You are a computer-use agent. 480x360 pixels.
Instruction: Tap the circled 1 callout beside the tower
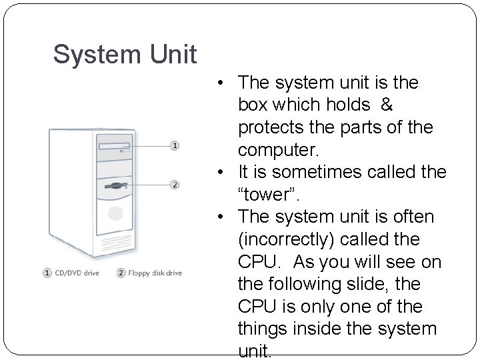(175, 145)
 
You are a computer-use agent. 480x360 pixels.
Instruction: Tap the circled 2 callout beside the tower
(175, 185)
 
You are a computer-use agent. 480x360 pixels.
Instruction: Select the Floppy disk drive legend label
(155, 273)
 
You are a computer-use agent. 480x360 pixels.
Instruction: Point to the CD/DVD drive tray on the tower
(114, 145)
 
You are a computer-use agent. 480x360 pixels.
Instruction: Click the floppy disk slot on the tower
(114, 184)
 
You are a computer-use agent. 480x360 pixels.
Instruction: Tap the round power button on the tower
(115, 214)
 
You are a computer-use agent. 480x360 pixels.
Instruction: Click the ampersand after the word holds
(386, 104)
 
